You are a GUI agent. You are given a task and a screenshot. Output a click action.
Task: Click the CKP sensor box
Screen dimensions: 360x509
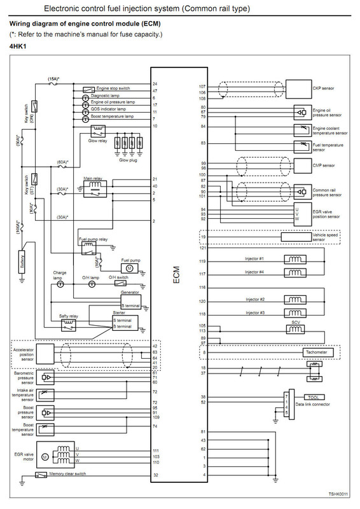coord(298,89)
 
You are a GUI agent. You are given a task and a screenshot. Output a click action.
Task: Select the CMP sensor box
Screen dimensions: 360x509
coord(303,165)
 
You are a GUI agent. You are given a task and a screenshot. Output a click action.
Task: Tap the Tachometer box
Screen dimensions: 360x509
coord(317,352)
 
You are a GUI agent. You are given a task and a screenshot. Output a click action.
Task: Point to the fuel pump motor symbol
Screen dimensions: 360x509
coord(130,268)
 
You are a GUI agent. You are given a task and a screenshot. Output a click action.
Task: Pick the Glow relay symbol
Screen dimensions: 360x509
coord(98,132)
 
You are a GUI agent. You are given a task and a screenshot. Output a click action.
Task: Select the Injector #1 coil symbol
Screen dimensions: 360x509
coord(295,260)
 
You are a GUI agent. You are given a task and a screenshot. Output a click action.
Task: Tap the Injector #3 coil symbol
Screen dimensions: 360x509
coord(295,313)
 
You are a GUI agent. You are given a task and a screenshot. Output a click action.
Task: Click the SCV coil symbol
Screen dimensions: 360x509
coord(296,330)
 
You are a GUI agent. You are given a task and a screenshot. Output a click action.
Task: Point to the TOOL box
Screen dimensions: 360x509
coord(314,397)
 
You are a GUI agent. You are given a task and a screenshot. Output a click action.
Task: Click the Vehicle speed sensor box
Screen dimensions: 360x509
coord(296,237)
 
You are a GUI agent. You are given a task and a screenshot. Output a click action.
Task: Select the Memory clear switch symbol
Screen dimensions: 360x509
coord(41,475)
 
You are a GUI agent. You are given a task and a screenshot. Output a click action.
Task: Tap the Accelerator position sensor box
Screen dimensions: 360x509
coord(45,354)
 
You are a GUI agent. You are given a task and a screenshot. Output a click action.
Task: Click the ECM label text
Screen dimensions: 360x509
coord(176,275)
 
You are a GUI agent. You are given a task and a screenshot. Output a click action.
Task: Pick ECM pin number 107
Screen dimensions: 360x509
coord(202,87)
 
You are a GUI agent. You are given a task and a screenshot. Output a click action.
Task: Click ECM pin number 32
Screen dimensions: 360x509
coord(156,475)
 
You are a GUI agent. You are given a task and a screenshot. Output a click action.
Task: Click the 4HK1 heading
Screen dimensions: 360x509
coord(18,46)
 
